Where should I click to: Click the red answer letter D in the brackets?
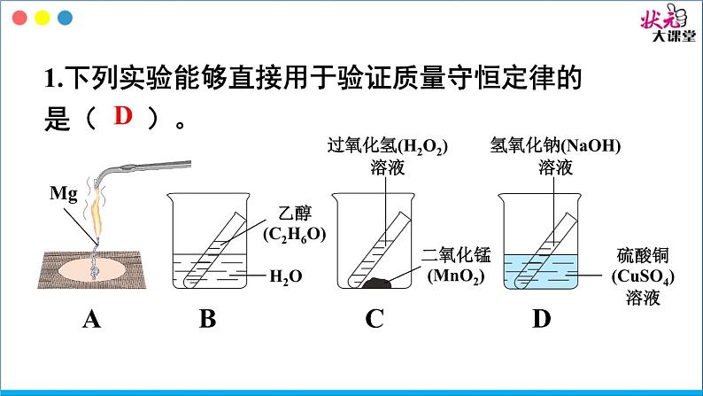[123, 116]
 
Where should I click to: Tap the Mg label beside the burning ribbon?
[63, 194]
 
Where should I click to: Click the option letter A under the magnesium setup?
[91, 320]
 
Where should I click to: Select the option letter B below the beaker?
[207, 319]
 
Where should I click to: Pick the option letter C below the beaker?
[375, 319]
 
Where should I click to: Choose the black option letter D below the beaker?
[542, 319]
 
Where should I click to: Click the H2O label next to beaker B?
[286, 276]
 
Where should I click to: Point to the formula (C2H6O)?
[295, 235]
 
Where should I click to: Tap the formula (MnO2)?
[456, 276]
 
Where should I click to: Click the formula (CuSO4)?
[643, 276]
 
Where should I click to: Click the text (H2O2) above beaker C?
[423, 146]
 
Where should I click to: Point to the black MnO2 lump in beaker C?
[376, 283]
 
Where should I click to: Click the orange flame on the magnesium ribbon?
[96, 211]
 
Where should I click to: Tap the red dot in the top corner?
[19, 18]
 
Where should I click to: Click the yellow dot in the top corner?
[42, 18]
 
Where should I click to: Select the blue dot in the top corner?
[66, 18]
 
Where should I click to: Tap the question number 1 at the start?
[50, 79]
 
